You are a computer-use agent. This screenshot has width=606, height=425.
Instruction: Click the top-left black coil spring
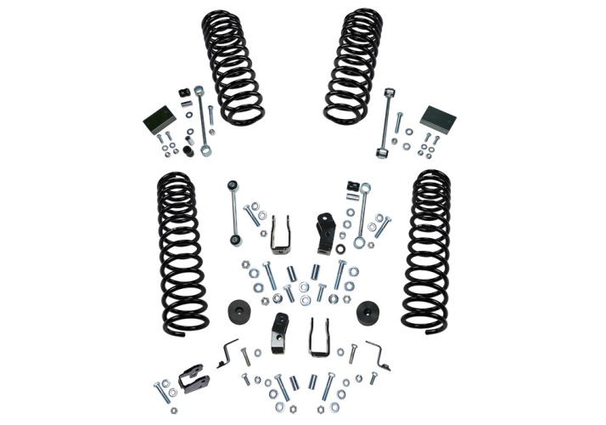(x=232, y=66)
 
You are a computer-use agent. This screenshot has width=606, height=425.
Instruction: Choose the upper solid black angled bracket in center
(x=324, y=232)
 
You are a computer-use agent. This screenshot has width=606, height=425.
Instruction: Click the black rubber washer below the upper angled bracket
(x=339, y=249)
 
